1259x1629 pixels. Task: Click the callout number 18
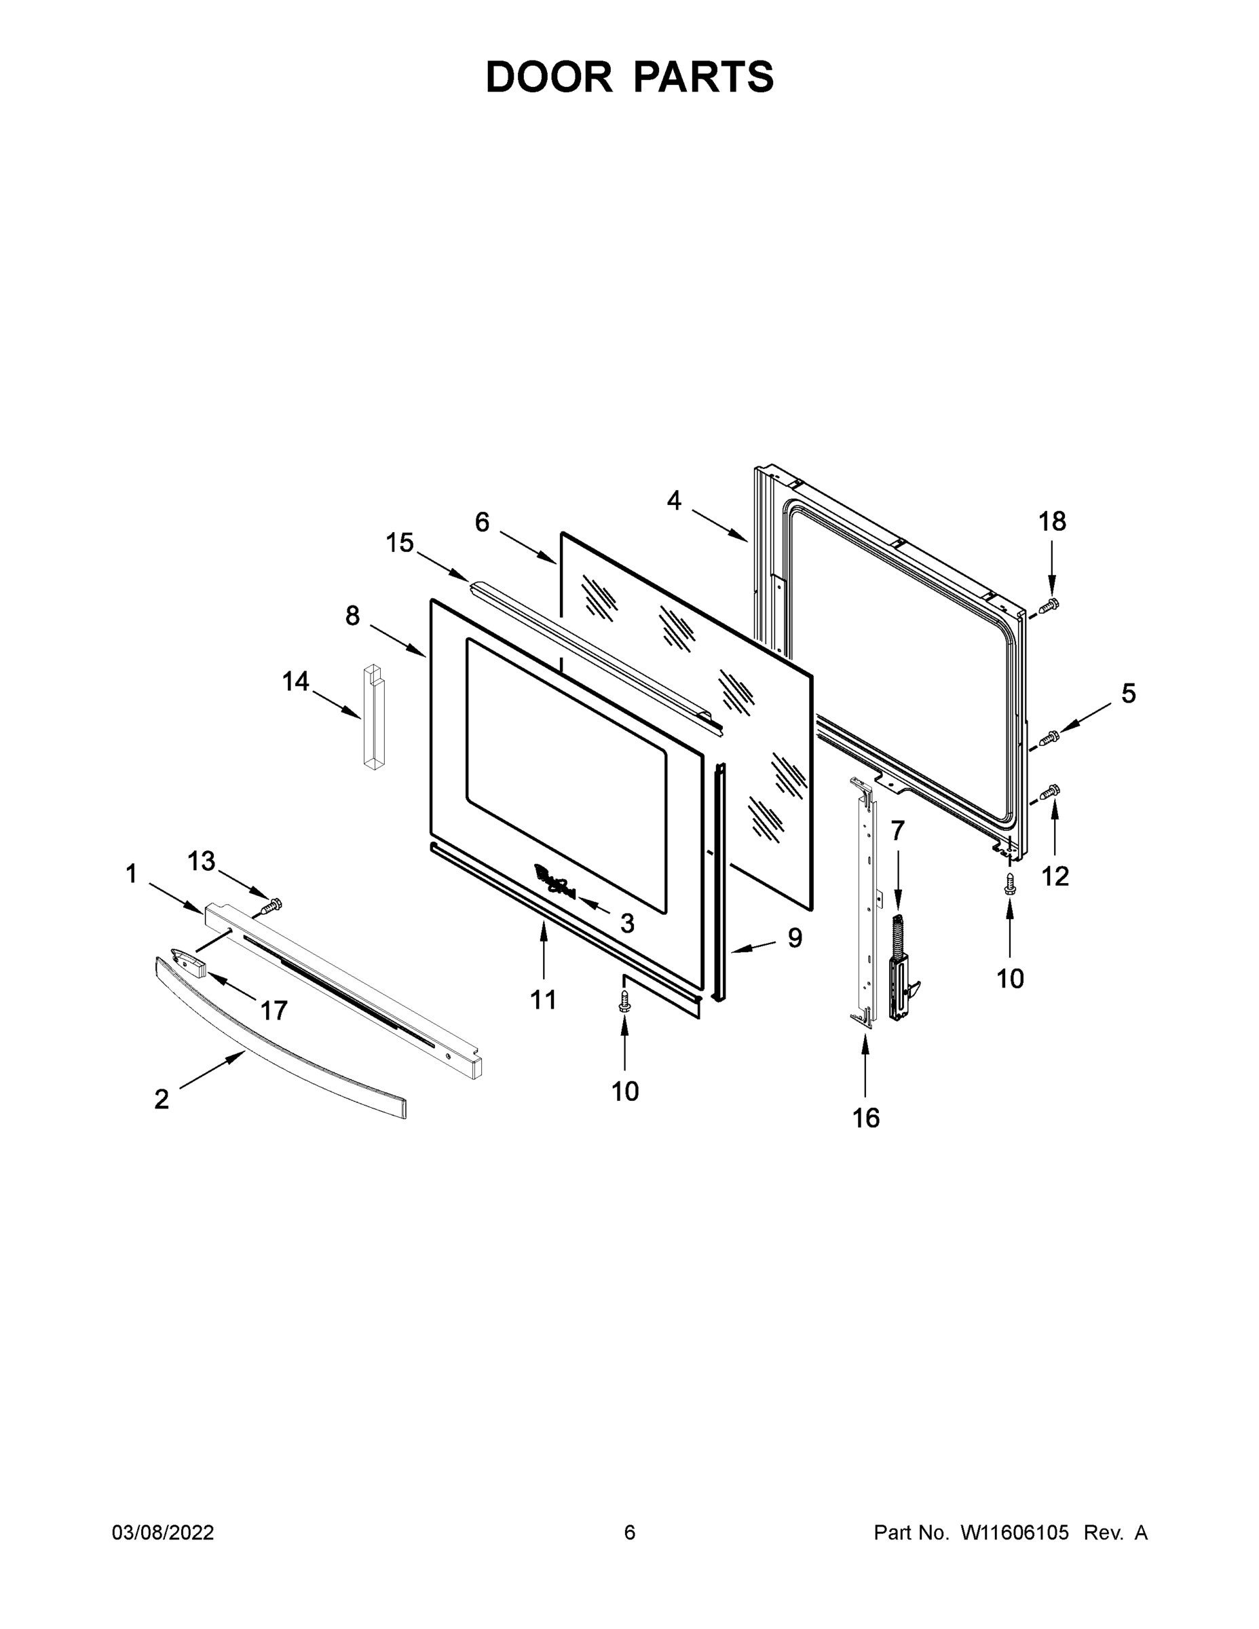pyautogui.click(x=1053, y=521)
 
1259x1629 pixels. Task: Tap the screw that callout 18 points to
pyautogui.click(x=1051, y=605)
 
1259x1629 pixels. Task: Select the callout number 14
pyautogui.click(x=295, y=681)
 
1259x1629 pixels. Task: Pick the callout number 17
pyautogui.click(x=274, y=1011)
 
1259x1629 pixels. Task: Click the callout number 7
pyautogui.click(x=897, y=830)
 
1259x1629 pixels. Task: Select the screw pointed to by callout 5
pyautogui.click(x=1049, y=738)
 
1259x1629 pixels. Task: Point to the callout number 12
pyautogui.click(x=1055, y=876)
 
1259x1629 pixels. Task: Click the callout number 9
pyautogui.click(x=795, y=937)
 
